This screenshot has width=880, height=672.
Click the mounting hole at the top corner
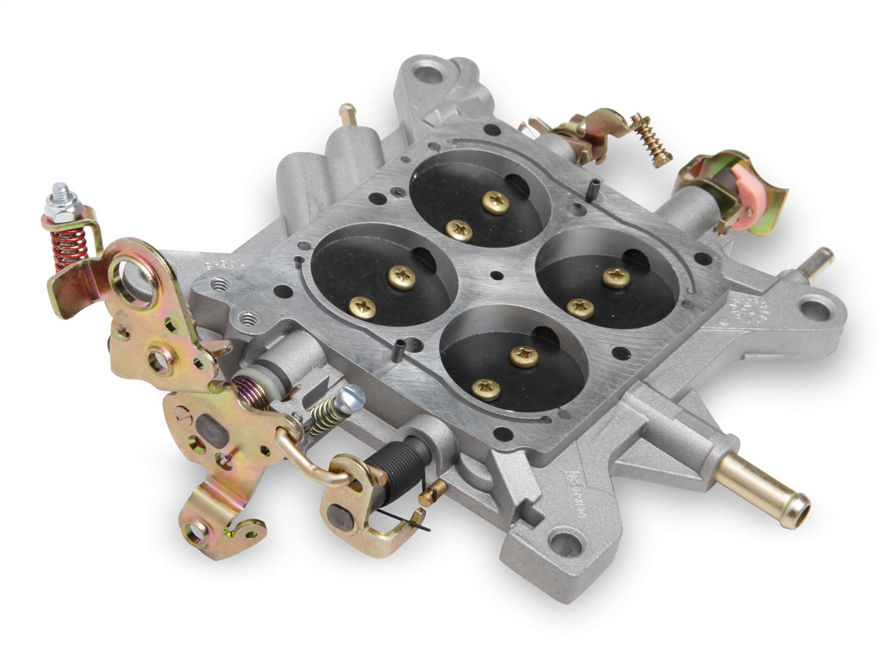point(434,74)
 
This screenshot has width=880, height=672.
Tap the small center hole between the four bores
point(497,275)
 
